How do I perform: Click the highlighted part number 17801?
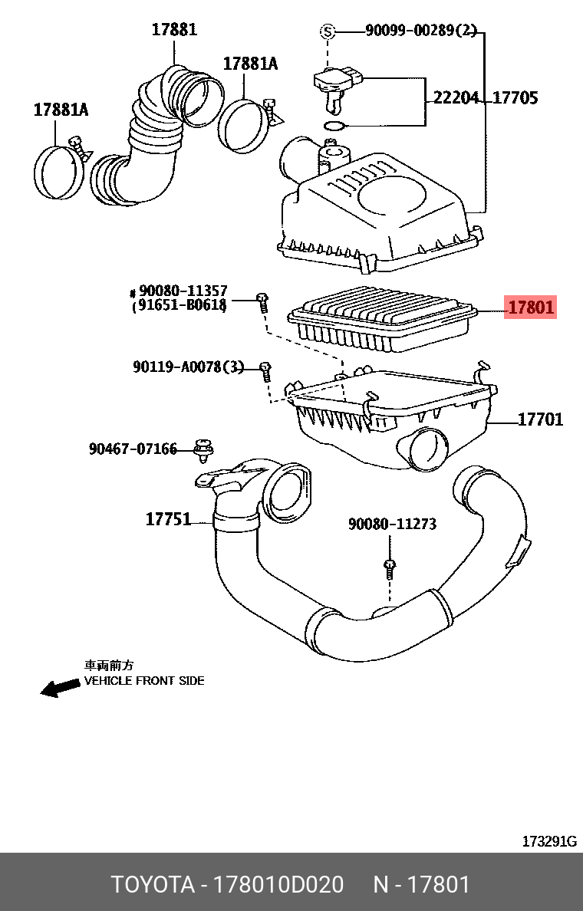click(x=529, y=308)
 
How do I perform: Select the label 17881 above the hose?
click(x=174, y=30)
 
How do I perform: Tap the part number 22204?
click(x=456, y=98)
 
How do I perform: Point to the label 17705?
click(x=515, y=98)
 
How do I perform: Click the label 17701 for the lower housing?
click(x=540, y=419)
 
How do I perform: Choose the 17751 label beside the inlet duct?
click(x=168, y=519)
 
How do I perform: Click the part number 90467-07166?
click(x=133, y=449)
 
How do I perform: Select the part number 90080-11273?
click(x=392, y=525)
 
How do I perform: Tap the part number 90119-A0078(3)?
click(x=188, y=368)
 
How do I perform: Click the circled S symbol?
click(x=328, y=31)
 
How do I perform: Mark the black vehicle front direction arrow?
click(x=60, y=688)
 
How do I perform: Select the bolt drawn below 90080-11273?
click(x=390, y=567)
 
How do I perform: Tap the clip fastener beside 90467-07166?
click(x=203, y=451)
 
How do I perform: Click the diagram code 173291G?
click(x=549, y=841)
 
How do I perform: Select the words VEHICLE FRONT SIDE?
click(x=143, y=681)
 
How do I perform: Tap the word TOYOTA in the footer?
click(x=153, y=884)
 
